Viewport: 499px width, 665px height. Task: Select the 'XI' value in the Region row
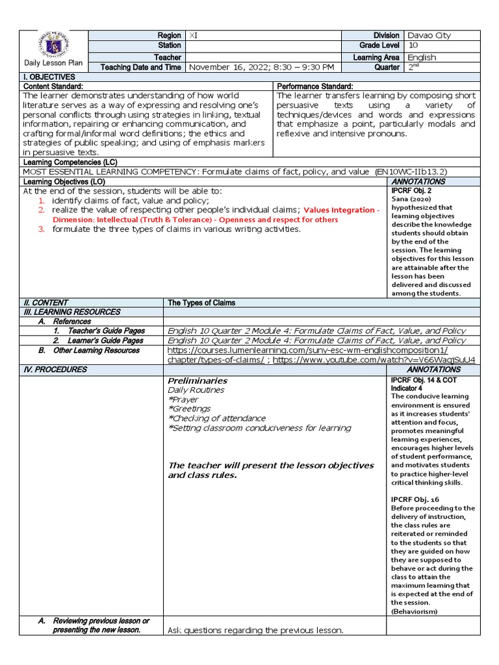tap(193, 35)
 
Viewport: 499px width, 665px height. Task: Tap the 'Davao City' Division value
tap(428, 35)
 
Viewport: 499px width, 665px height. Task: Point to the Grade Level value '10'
tap(413, 46)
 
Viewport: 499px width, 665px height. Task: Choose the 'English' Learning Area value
tap(422, 57)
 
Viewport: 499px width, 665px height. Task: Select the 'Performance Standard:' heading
tap(314, 86)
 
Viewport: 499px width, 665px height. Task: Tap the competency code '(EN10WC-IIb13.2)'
tap(411, 171)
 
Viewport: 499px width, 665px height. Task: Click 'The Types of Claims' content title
tap(201, 303)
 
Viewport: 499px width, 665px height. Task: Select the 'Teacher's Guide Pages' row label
tap(107, 331)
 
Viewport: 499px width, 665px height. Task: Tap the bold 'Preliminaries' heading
tap(198, 380)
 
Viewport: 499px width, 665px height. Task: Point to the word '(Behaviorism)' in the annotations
tap(415, 611)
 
